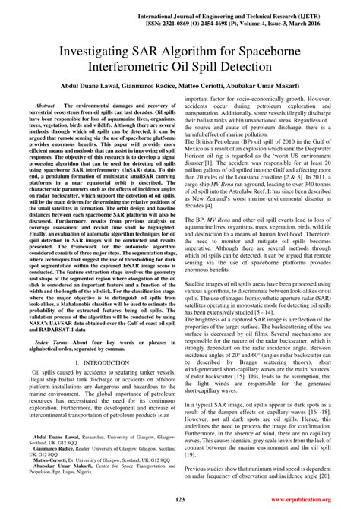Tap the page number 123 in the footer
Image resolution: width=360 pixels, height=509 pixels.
tap(181, 499)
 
